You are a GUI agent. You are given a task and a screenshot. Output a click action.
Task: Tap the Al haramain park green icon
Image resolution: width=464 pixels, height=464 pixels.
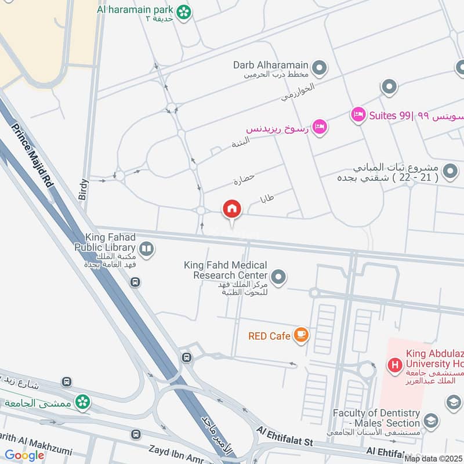click(184, 11)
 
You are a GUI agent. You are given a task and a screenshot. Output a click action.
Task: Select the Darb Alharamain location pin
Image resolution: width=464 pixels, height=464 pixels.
click(318, 70)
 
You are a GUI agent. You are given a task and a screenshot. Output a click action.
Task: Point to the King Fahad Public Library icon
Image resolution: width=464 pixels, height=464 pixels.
click(147, 249)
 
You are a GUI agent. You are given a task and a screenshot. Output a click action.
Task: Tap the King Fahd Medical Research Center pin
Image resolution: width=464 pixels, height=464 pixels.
click(279, 277)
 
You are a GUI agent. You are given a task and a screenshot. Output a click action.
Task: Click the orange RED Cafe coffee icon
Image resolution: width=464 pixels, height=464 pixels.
click(300, 335)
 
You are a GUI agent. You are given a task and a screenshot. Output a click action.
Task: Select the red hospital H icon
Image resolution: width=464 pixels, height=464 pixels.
click(395, 365)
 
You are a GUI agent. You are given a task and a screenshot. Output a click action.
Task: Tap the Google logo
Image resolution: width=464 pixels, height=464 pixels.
click(24, 455)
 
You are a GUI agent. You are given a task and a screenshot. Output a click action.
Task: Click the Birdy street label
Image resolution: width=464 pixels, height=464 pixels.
click(83, 189)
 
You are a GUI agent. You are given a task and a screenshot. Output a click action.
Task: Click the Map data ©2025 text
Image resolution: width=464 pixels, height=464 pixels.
click(433, 459)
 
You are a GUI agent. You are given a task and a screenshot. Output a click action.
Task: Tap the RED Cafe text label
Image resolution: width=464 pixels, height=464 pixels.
click(269, 336)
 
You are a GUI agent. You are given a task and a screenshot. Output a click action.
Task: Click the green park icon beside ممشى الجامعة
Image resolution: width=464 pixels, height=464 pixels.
click(83, 401)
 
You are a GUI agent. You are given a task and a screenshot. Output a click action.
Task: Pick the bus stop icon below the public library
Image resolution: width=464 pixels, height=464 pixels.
click(135, 282)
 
